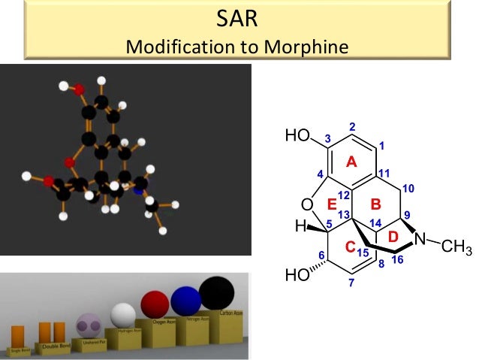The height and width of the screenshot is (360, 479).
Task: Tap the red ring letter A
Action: point(350,162)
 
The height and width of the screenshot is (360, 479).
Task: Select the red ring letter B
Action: point(377,203)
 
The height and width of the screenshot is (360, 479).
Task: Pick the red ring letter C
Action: point(350,246)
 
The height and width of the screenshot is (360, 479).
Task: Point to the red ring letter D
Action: point(392,237)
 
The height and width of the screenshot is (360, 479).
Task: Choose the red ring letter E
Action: point(330,203)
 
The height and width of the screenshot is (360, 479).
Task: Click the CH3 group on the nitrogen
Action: point(456,247)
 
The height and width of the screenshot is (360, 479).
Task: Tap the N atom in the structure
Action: point(420,240)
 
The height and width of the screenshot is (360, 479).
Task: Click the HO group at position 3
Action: point(297,136)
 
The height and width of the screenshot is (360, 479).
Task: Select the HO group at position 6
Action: point(298,275)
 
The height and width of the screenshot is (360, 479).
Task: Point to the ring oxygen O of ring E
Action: point(306,204)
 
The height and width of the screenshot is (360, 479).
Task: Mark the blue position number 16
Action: point(398,259)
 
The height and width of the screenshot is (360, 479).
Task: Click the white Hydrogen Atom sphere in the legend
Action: point(122,314)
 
